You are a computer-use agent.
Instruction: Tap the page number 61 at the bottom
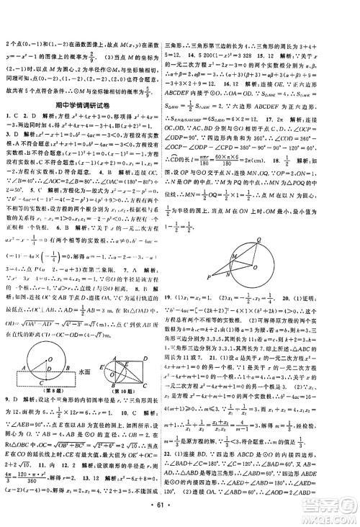coord(180,515)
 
